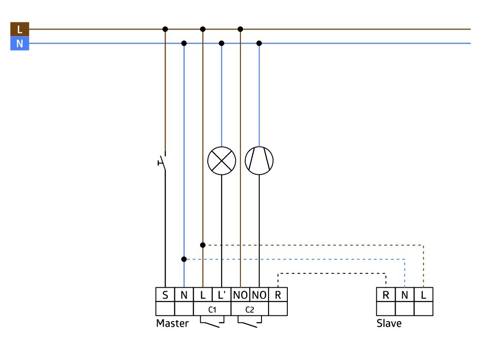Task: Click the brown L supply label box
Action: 20,29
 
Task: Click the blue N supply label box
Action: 20,44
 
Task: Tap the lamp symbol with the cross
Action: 222,161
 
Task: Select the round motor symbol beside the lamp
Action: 259,161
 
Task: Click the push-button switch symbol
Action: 163,162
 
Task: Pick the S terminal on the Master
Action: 165,294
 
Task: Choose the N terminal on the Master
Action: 184,294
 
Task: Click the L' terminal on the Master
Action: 222,294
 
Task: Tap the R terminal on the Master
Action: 278,294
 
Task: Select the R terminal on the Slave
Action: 386,294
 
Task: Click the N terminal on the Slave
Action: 405,294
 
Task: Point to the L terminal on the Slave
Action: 423,294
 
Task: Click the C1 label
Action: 212,309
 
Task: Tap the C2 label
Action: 250,309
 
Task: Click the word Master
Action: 172,323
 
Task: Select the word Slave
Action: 389,323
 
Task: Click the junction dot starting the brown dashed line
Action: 202,245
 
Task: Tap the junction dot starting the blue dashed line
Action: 184,259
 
